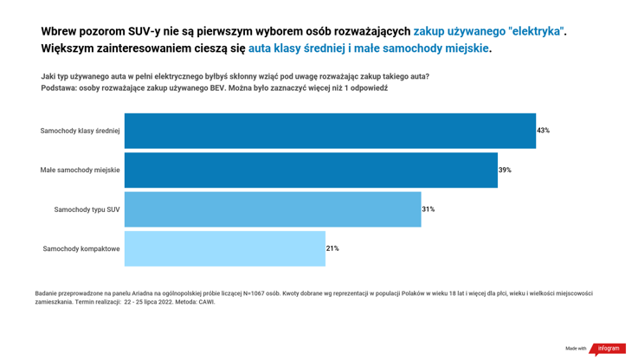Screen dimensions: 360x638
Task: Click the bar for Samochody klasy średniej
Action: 330,131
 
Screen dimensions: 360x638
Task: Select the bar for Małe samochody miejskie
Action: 311,170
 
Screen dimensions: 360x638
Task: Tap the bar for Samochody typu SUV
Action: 273,209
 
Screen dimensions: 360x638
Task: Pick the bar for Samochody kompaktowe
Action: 225,248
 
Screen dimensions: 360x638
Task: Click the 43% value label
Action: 544,131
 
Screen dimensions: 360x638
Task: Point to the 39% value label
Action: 505,170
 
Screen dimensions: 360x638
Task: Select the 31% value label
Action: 429,209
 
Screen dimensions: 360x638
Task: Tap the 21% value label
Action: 332,248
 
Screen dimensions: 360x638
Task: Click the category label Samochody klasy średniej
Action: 80,131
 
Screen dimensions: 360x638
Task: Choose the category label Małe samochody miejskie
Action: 80,170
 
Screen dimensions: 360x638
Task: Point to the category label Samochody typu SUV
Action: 87,209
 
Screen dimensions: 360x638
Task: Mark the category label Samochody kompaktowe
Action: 81,249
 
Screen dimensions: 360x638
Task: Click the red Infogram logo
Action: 609,348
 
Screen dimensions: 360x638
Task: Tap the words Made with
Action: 576,349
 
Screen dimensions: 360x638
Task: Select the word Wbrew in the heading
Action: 61,31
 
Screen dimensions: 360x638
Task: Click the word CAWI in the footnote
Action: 207,302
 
